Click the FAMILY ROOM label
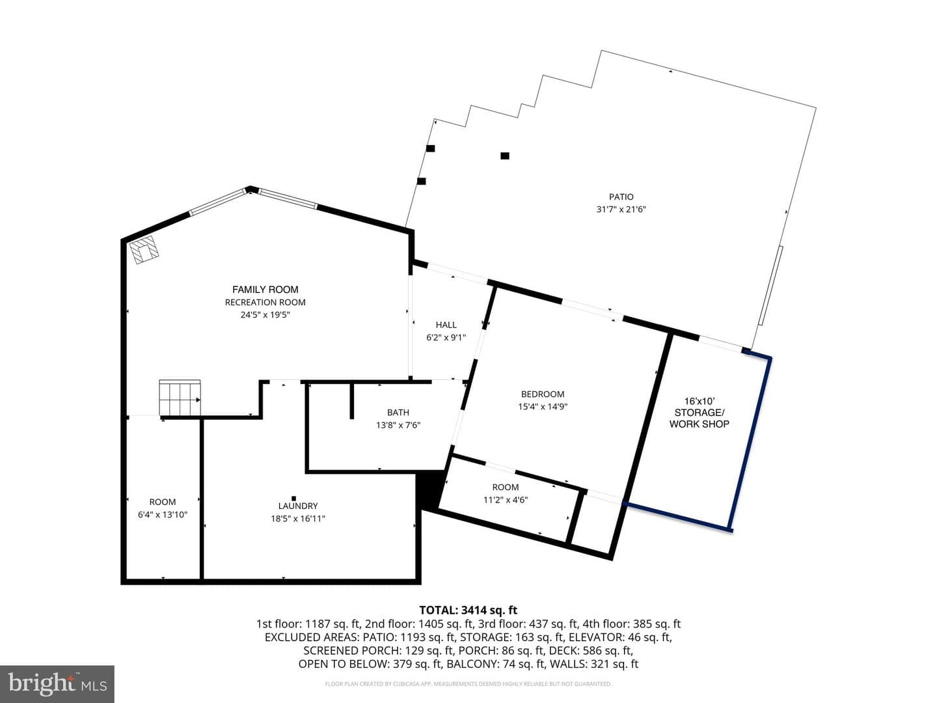pos(265,290)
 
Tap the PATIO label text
pos(621,197)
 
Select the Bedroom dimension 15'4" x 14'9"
pos(543,407)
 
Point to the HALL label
pos(446,325)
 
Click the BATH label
pos(398,412)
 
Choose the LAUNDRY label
pos(298,506)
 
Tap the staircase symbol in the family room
pos(180,397)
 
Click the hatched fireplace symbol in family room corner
pos(144,250)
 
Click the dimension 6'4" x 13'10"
pos(163,515)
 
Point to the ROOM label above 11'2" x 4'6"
pos(506,487)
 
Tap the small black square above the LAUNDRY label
pos(293,498)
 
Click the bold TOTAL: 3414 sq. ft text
pos(468,611)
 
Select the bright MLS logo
pos(57,683)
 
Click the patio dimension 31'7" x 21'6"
pos(621,210)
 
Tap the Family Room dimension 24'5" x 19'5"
pos(265,315)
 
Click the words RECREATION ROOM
pos(265,302)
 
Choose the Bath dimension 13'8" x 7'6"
pos(398,425)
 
